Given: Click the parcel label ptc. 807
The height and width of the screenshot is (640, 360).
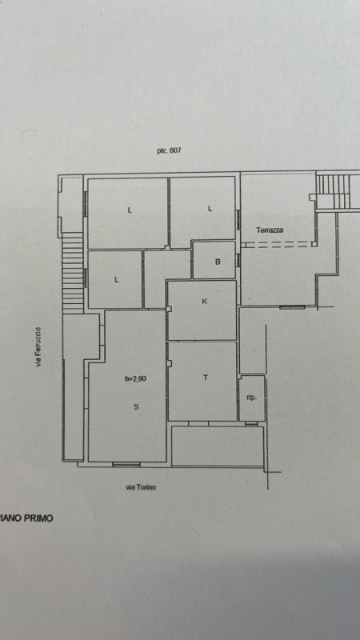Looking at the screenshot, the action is coord(169,150).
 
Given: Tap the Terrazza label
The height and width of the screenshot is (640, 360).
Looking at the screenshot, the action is coord(270,230).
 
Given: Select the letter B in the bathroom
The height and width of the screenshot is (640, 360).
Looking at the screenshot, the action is coord(218,262).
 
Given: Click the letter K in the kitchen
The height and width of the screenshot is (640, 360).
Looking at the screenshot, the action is coord(205,302).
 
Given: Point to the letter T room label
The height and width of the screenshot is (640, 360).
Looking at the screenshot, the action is coord(206,378).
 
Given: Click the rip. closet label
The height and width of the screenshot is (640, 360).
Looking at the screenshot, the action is coord(252,398).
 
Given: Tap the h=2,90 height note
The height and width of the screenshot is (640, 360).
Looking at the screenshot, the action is coord(135,378).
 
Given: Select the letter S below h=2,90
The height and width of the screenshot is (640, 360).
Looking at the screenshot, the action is coord(136,406).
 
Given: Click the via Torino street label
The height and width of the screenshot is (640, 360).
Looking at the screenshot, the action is coord(141,487).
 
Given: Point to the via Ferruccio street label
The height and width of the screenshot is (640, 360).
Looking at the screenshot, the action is coord(38,346).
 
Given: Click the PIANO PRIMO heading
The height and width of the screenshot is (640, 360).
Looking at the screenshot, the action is coord(26,518).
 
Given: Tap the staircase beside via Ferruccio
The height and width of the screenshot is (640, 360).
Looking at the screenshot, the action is coord(73,273).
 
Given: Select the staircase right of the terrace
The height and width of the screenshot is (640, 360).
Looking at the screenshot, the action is coord(333,191).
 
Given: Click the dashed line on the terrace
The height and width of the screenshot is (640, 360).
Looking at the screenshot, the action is coord(276,245).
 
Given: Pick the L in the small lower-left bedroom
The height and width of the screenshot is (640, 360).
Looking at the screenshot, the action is coord(117,280).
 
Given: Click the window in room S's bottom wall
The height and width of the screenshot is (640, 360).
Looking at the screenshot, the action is coord(126,464).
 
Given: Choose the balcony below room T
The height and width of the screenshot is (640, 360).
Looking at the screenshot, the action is coord(217,446).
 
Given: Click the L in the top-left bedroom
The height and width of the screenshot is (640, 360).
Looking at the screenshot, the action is coord(130,210).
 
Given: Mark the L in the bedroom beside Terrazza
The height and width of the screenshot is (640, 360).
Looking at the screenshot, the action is coord(210,209).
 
